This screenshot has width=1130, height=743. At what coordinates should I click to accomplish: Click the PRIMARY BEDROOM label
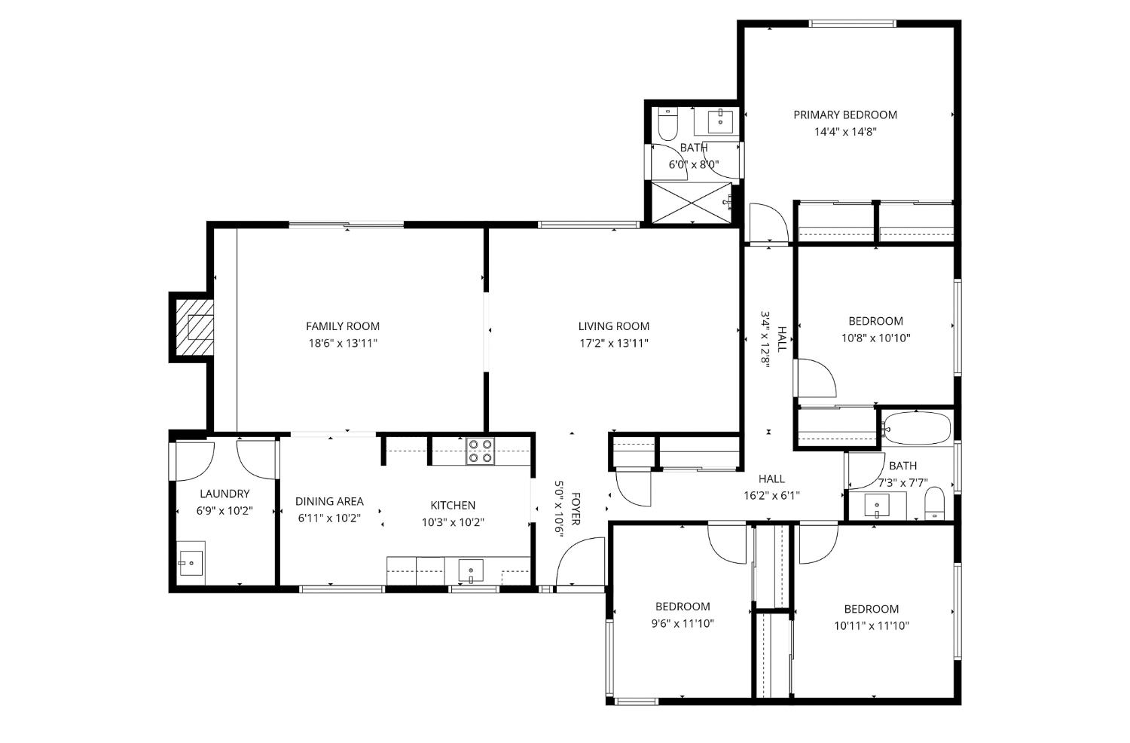[844, 115]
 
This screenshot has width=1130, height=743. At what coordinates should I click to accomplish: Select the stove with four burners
[480, 451]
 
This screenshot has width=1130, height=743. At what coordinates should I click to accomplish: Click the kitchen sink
[471, 570]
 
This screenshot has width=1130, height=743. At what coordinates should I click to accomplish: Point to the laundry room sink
[190, 562]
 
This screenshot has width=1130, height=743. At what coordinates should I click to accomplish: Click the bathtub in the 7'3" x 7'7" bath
[916, 428]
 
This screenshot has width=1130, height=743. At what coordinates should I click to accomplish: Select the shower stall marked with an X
[691, 202]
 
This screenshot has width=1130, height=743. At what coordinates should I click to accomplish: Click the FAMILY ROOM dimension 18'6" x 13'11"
[342, 343]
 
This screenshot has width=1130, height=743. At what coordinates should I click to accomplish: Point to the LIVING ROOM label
[613, 326]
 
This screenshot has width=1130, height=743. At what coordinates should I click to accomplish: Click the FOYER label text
[576, 509]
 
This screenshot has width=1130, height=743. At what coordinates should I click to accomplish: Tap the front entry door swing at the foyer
[580, 561]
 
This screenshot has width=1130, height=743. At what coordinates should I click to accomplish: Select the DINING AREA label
[329, 501]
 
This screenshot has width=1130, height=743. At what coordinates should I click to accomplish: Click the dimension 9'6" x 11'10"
[683, 623]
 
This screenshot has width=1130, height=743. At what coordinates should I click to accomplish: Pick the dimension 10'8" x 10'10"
[875, 338]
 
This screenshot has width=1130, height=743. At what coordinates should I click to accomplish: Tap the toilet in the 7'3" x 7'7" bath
[934, 503]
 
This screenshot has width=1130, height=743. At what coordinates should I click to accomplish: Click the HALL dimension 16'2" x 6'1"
[771, 495]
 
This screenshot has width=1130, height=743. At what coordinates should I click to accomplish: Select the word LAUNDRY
[224, 494]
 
